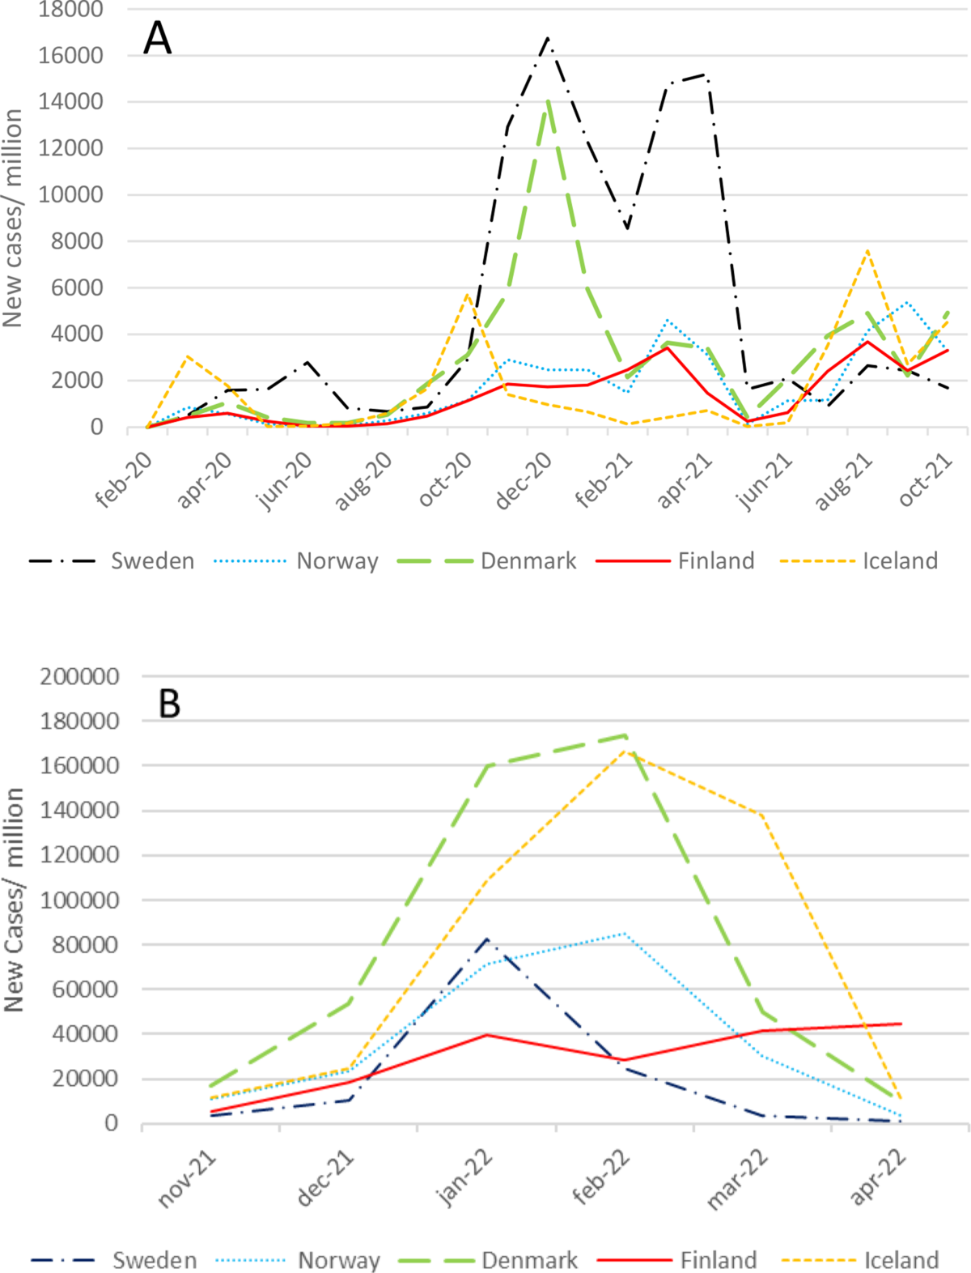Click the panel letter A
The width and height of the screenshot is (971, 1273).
(157, 38)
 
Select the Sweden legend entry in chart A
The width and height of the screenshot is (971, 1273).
(112, 561)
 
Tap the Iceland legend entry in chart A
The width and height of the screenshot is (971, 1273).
(859, 561)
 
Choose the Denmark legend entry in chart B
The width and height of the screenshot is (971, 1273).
(488, 1260)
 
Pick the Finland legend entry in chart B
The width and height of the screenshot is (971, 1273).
(677, 1260)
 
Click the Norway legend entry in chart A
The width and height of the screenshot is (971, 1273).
(296, 561)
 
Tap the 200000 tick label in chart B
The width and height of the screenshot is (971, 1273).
(79, 676)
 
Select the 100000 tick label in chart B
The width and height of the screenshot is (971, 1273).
(79, 900)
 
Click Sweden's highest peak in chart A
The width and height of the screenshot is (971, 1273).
(548, 38)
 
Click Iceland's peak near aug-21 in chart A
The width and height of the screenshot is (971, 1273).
(867, 250)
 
